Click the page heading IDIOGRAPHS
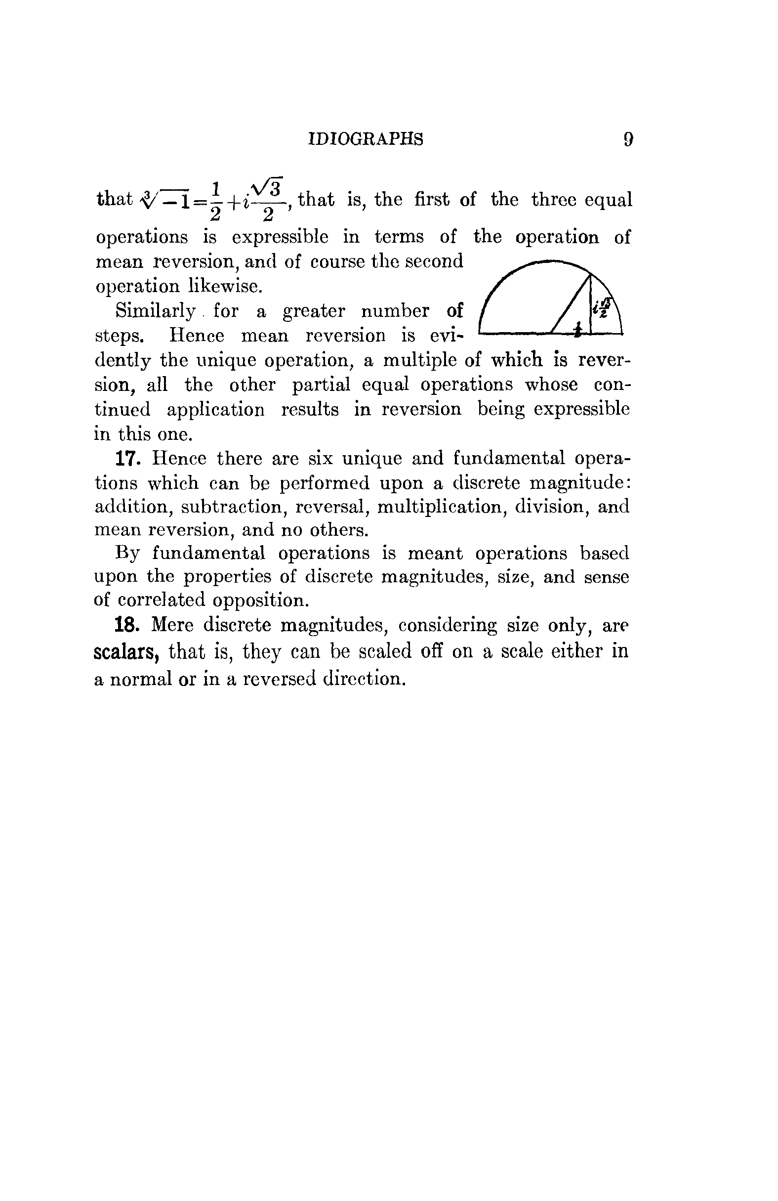[x=366, y=139]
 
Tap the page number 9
[x=628, y=139]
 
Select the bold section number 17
[x=127, y=459]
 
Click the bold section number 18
[x=127, y=625]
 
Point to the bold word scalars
[x=126, y=651]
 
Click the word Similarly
[x=155, y=311]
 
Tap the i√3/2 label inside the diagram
[x=603, y=307]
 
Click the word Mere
[x=172, y=625]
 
